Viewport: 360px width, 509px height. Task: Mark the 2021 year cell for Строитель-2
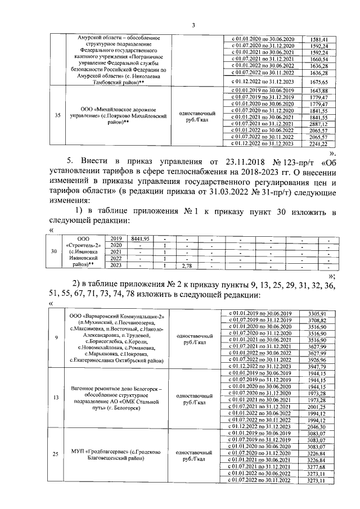coord(116,252)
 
